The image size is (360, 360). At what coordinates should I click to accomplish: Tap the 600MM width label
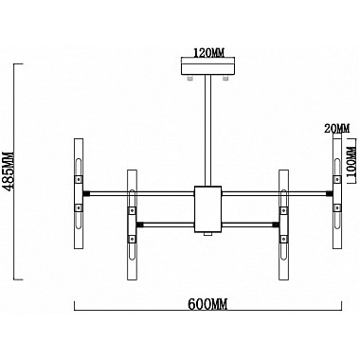[207, 304]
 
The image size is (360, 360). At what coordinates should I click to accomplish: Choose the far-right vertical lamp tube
[336, 193]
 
